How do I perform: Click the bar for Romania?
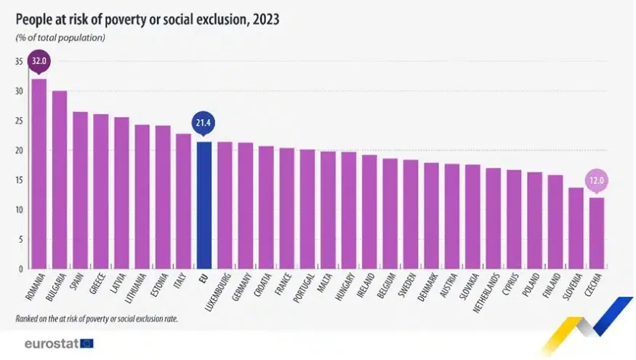click(39, 175)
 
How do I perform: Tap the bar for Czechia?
click(596, 233)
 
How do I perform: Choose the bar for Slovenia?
click(576, 228)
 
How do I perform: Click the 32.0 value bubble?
click(39, 62)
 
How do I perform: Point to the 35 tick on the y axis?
click(18, 62)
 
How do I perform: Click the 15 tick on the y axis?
click(18, 180)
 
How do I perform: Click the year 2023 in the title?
click(264, 19)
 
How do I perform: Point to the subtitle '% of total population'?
click(61, 37)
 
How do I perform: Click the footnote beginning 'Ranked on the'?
click(97, 319)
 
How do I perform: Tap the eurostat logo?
click(58, 342)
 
